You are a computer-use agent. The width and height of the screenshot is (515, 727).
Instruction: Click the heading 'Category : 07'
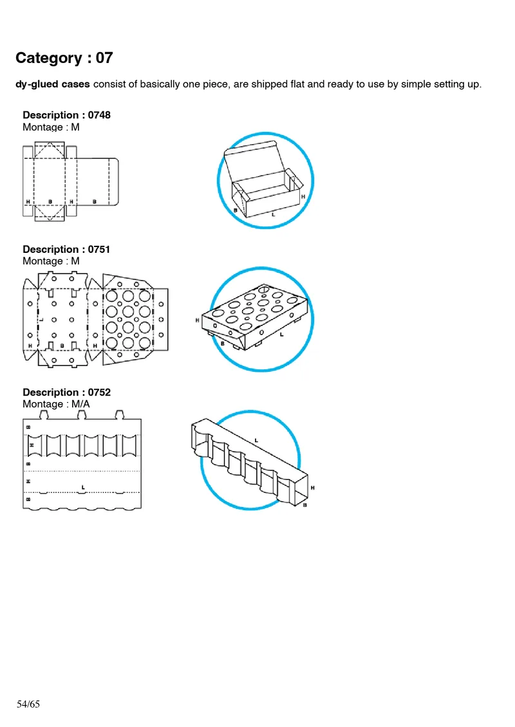[64, 58]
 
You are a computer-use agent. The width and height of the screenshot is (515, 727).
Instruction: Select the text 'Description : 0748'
[66, 115]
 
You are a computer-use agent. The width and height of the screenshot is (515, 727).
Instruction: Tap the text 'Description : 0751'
[66, 249]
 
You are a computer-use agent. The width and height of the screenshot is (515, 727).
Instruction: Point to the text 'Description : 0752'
[66, 392]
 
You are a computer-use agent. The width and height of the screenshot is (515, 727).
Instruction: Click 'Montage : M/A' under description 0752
[56, 404]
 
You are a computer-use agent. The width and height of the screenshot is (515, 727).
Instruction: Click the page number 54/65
[28, 704]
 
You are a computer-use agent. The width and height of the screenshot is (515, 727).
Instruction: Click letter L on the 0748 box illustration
[273, 214]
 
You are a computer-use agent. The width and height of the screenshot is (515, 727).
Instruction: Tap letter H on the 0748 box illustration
[303, 196]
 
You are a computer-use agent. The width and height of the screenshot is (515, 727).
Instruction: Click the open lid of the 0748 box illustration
[251, 158]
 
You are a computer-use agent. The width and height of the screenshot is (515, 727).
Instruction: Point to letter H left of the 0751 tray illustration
[198, 320]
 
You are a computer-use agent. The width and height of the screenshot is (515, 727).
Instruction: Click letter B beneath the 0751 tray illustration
[223, 344]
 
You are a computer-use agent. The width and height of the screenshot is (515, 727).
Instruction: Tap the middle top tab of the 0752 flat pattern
[81, 414]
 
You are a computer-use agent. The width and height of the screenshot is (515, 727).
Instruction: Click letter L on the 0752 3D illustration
[256, 440]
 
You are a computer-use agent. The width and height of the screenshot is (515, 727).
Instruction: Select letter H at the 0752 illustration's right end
[313, 488]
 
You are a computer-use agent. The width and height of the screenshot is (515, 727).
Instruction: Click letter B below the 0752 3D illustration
[304, 506]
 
